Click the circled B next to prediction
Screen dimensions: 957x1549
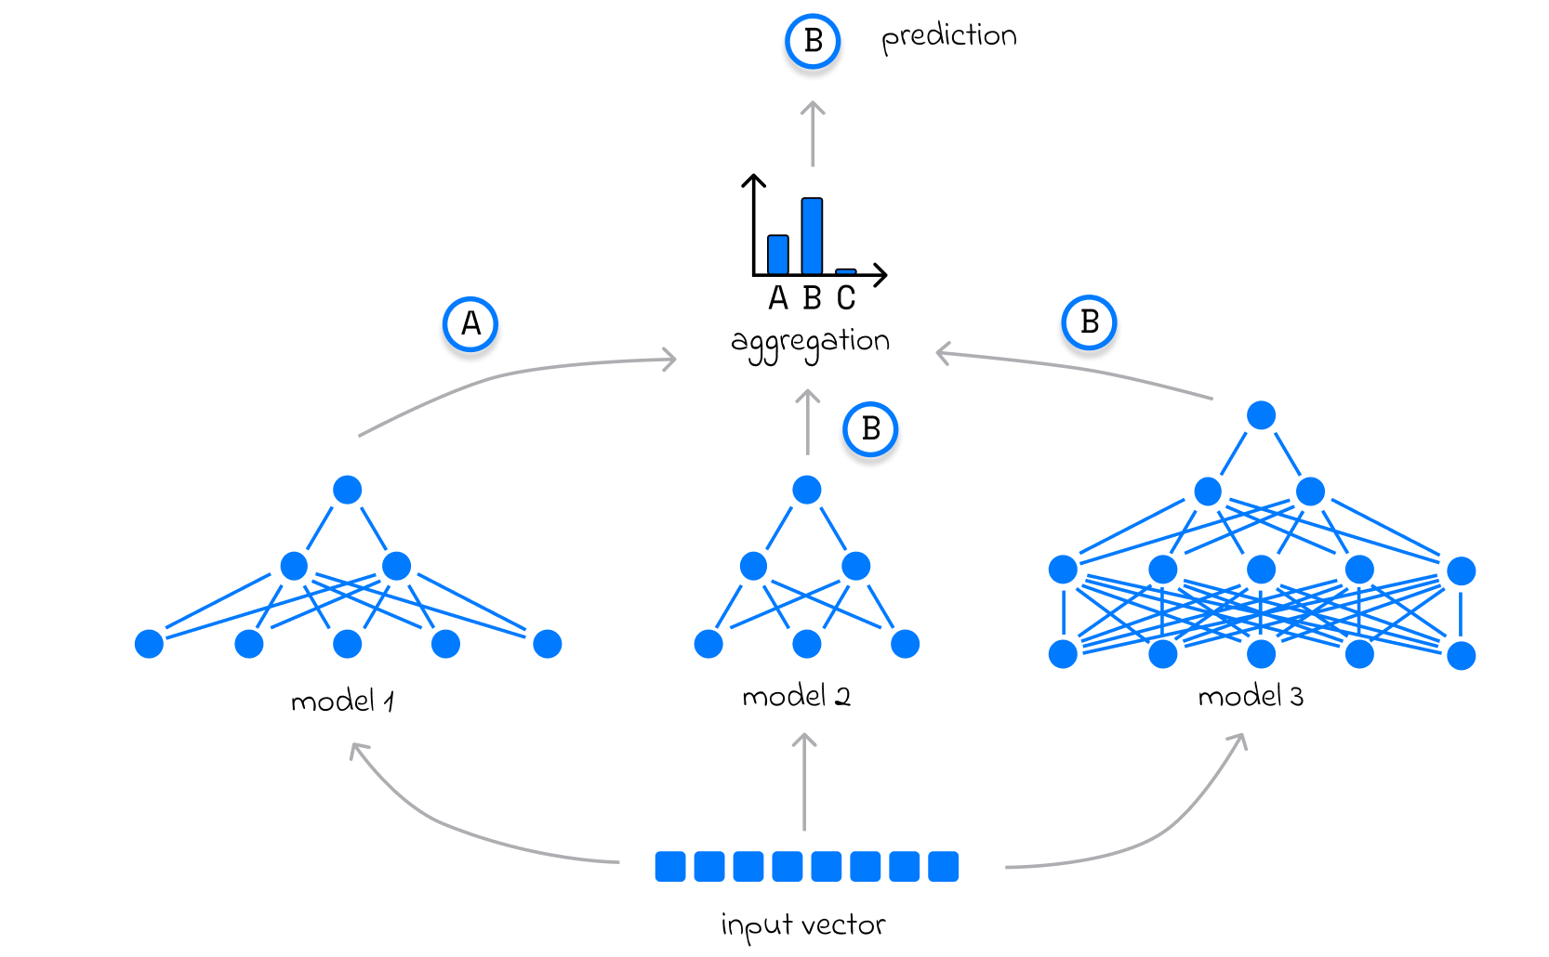[x=813, y=41]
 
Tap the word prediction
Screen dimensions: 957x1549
[x=948, y=37]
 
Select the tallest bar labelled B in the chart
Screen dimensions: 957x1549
[x=812, y=236]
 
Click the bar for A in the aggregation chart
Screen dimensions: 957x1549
[x=778, y=255]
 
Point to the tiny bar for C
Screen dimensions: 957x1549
[x=845, y=271]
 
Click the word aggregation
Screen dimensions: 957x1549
[x=810, y=343]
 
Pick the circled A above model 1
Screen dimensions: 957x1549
[x=470, y=324]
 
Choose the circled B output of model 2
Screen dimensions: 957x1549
[x=870, y=429]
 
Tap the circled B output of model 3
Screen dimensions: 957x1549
[x=1089, y=322]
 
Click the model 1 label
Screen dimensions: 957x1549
[x=342, y=701]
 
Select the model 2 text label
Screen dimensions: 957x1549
[x=796, y=696]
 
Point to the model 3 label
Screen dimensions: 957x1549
[x=1251, y=696]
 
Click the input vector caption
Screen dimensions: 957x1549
[x=802, y=925]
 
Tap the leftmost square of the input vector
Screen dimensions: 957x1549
[x=670, y=866]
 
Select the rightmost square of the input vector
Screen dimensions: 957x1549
[x=943, y=866]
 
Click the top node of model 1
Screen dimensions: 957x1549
[x=347, y=490]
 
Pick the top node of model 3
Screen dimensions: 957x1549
[x=1261, y=415]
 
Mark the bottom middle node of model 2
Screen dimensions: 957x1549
[x=807, y=643]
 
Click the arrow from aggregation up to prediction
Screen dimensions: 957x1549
[x=813, y=134]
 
